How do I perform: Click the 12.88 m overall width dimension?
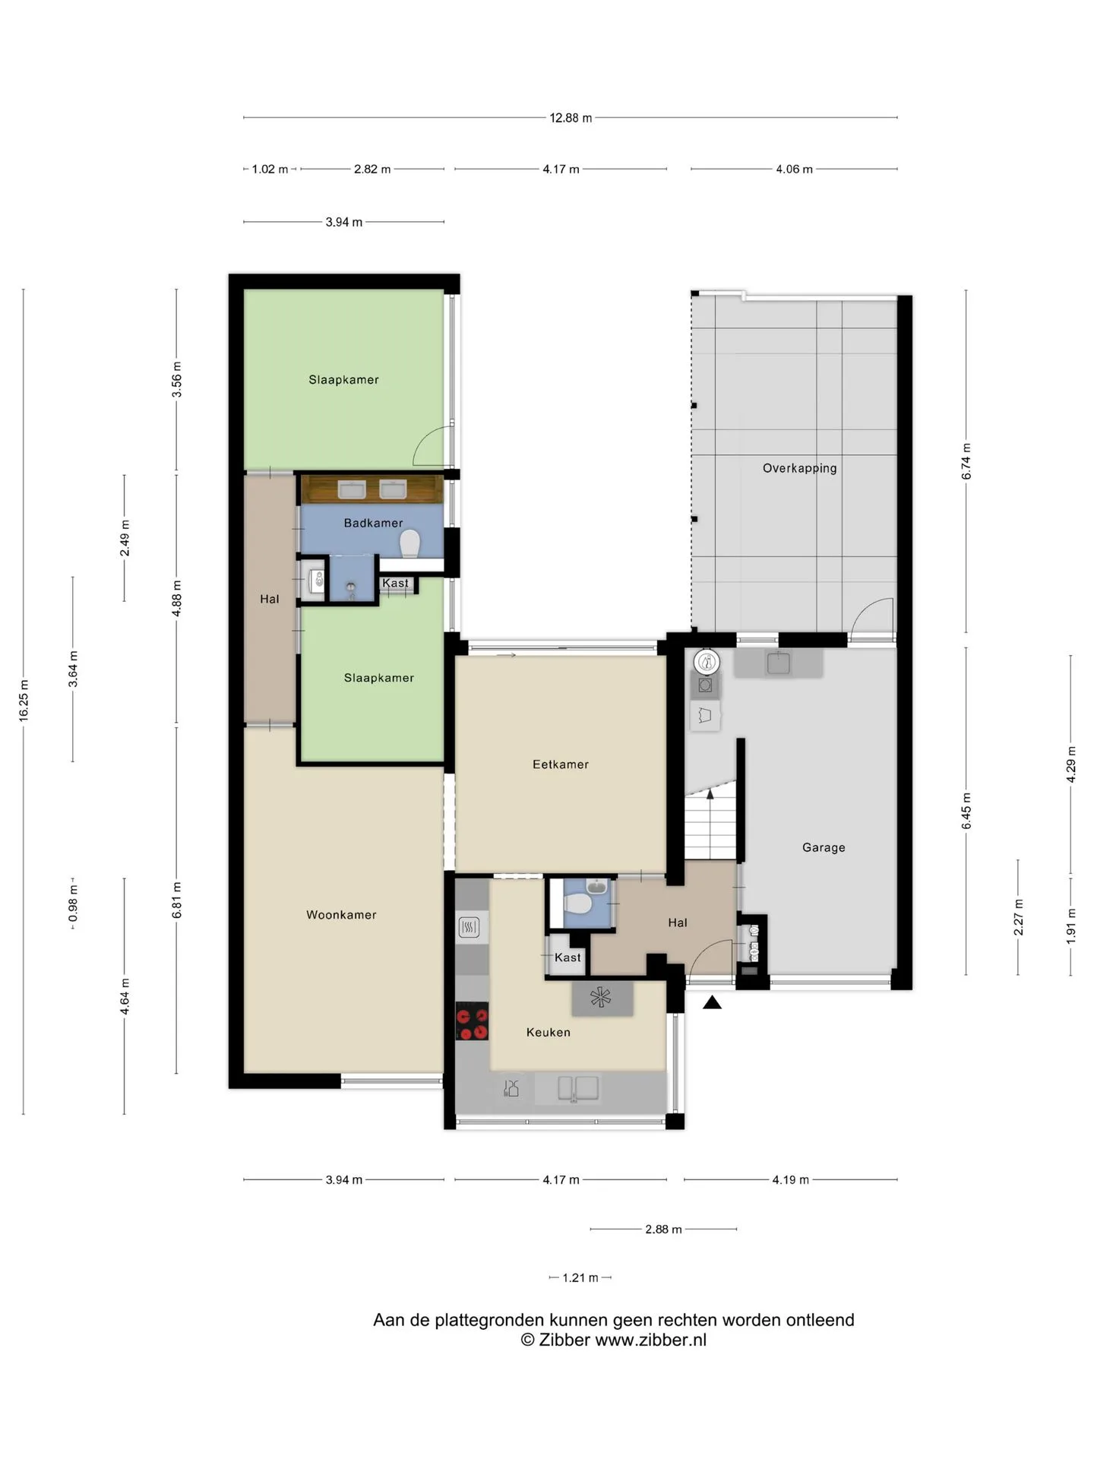tap(571, 118)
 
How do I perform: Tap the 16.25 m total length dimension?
tap(24, 701)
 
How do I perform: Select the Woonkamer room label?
tap(341, 915)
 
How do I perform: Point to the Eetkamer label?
tap(561, 764)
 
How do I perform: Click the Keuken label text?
tap(549, 1032)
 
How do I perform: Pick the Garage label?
tap(824, 847)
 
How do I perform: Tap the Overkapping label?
tap(800, 468)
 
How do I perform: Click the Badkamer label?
tap(373, 523)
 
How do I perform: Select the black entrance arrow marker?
tap(712, 1002)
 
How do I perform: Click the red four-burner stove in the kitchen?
tap(472, 1021)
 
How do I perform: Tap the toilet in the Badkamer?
tap(410, 543)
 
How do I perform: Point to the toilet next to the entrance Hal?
tap(577, 904)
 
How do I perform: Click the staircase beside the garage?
tap(711, 824)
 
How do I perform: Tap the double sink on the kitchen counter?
tap(578, 1088)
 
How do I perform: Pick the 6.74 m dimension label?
tap(966, 461)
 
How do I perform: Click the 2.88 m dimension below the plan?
tap(663, 1229)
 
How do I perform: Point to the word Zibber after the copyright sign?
tap(564, 1340)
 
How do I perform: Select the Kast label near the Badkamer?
tap(395, 584)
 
